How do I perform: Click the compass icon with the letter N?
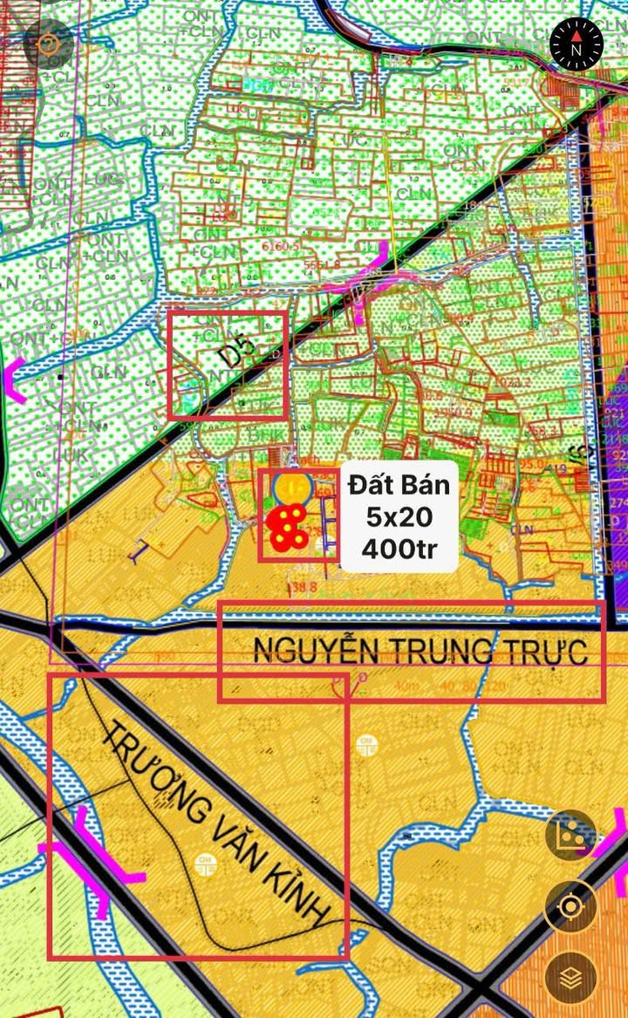[577, 43]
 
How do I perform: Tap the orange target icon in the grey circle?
[48, 44]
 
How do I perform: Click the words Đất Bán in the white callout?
[399, 485]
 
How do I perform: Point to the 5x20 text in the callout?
[399, 517]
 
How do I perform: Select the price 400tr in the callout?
[399, 550]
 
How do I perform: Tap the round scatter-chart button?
[570, 836]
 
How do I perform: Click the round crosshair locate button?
[570, 907]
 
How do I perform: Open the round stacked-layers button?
[570, 977]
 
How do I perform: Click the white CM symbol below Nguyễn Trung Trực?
[367, 744]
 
